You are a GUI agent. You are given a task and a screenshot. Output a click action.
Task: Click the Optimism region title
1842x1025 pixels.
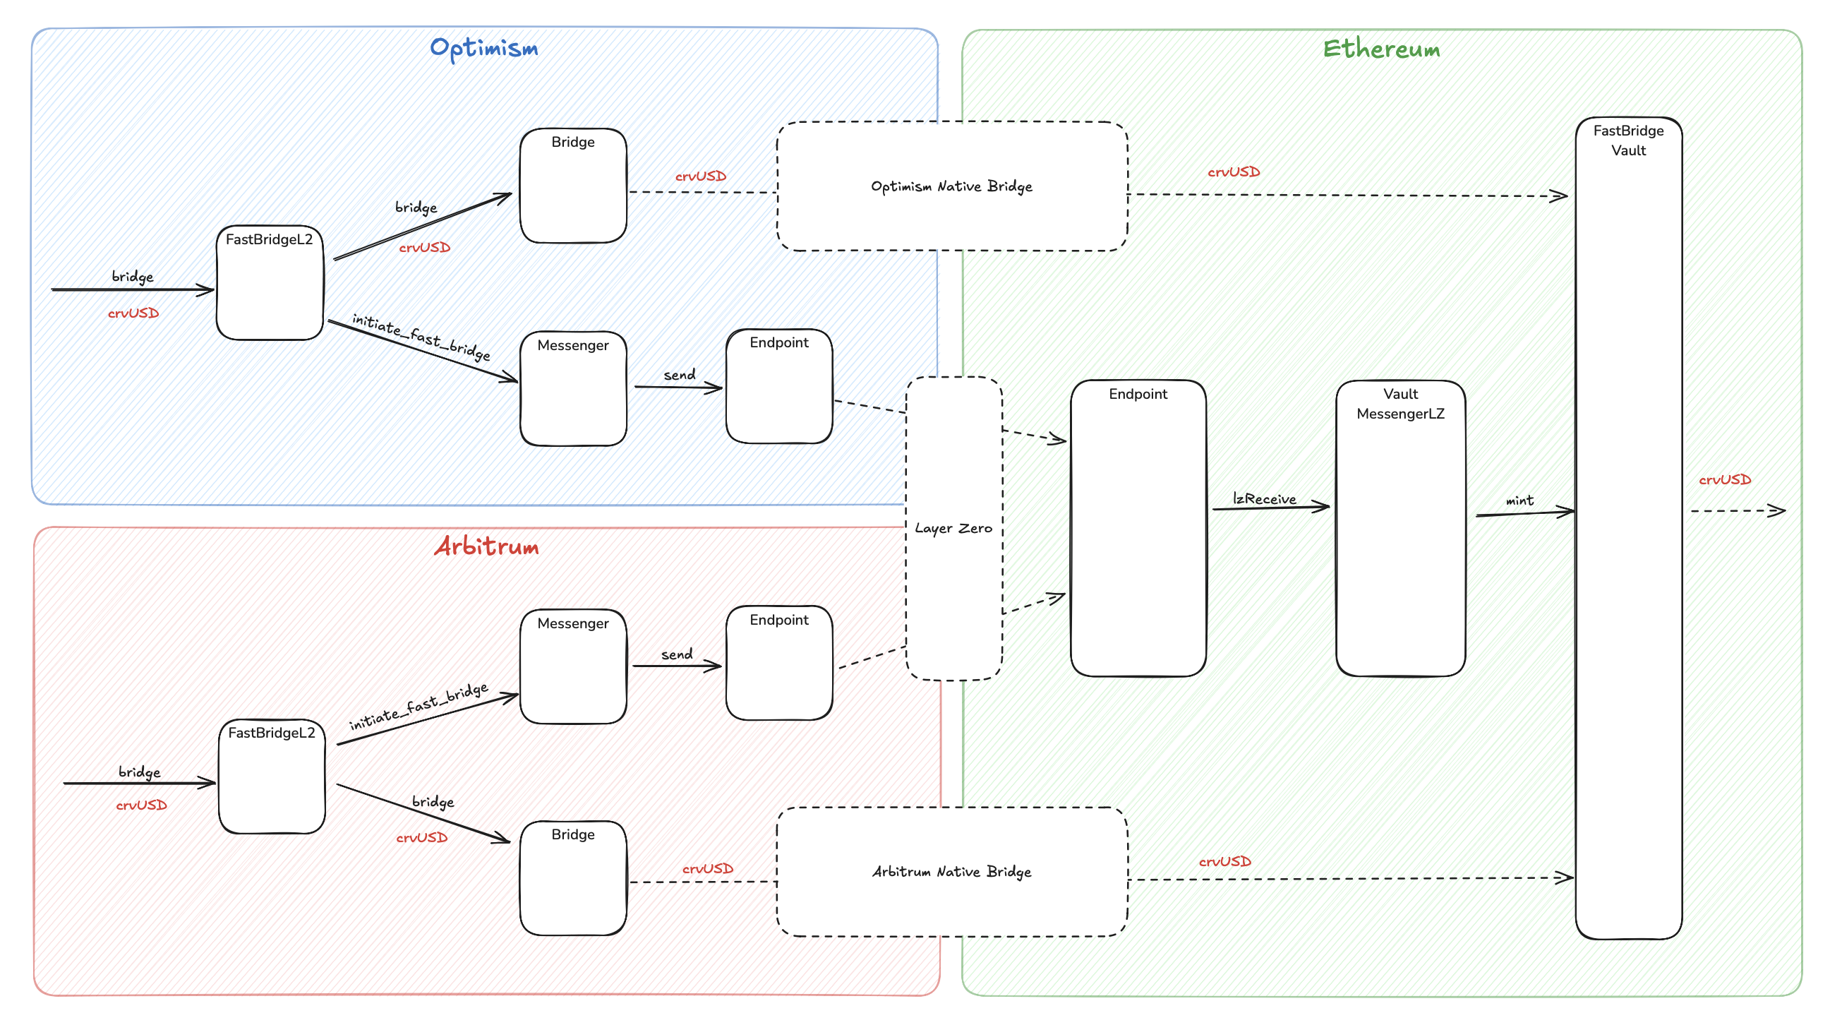(484, 48)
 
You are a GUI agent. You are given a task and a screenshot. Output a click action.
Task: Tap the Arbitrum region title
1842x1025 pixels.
(486, 546)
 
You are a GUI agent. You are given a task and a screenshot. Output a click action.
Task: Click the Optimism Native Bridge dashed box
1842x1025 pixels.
(952, 186)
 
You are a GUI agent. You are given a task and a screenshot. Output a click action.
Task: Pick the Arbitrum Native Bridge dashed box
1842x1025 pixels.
(952, 871)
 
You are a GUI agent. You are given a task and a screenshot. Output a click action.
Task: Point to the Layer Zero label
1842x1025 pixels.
(953, 528)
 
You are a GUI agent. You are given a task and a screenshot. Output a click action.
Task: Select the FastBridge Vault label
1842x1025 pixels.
(1628, 140)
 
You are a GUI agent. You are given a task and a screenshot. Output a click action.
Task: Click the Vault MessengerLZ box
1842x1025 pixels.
(1400, 528)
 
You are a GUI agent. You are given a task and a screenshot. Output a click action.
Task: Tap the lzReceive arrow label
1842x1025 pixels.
(1264, 498)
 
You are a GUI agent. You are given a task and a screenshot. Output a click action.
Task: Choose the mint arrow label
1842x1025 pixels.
(1519, 500)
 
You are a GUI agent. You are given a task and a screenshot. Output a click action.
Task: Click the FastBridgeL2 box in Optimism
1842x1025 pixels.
(270, 282)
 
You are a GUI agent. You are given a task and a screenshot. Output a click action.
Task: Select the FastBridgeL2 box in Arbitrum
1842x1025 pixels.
(272, 776)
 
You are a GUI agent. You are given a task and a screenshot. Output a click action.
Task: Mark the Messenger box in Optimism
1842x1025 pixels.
(573, 388)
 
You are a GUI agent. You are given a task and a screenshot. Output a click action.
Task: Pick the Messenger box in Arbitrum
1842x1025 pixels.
(573, 666)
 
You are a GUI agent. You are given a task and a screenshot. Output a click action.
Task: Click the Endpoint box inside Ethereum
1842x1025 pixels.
(1138, 528)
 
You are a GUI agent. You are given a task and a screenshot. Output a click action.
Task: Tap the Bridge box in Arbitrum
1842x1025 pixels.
(573, 877)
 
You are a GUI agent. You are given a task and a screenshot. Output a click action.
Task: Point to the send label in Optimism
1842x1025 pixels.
(680, 374)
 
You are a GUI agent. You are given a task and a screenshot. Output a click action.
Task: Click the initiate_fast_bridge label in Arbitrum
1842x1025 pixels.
(419, 706)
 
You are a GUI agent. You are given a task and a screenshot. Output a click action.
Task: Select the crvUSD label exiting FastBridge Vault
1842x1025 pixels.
(1725, 479)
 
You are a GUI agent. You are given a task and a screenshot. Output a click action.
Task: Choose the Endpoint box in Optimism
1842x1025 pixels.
(778, 386)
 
